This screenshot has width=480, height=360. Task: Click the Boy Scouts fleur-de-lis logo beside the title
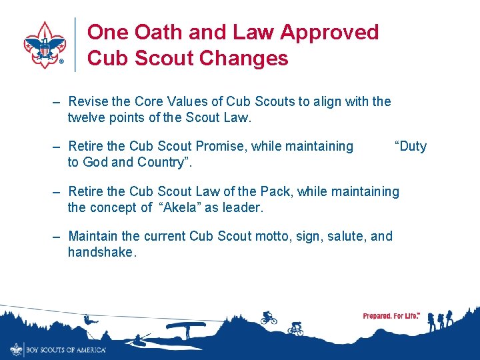point(44,45)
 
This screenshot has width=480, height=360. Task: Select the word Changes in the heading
point(245,59)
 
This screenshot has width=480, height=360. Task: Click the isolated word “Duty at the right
point(410,146)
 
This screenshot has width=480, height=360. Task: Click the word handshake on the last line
point(102,252)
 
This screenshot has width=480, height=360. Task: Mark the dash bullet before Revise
point(57,102)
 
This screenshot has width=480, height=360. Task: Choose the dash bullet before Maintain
point(57,237)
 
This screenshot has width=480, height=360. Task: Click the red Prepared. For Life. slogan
point(391,316)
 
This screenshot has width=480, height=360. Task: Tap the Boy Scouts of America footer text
point(65,349)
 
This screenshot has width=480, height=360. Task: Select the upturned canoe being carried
point(185,326)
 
